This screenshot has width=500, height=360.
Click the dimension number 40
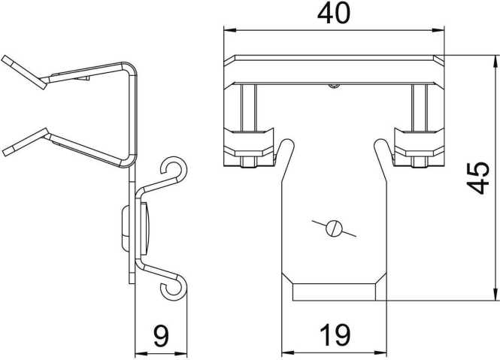(333, 14)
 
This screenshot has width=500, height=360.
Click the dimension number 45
(478, 177)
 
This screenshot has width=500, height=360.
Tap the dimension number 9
(161, 334)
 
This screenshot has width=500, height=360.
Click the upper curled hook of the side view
(175, 170)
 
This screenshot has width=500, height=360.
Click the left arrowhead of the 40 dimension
(229, 31)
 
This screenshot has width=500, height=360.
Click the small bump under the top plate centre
(334, 86)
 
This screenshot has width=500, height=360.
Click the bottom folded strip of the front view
(334, 292)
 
